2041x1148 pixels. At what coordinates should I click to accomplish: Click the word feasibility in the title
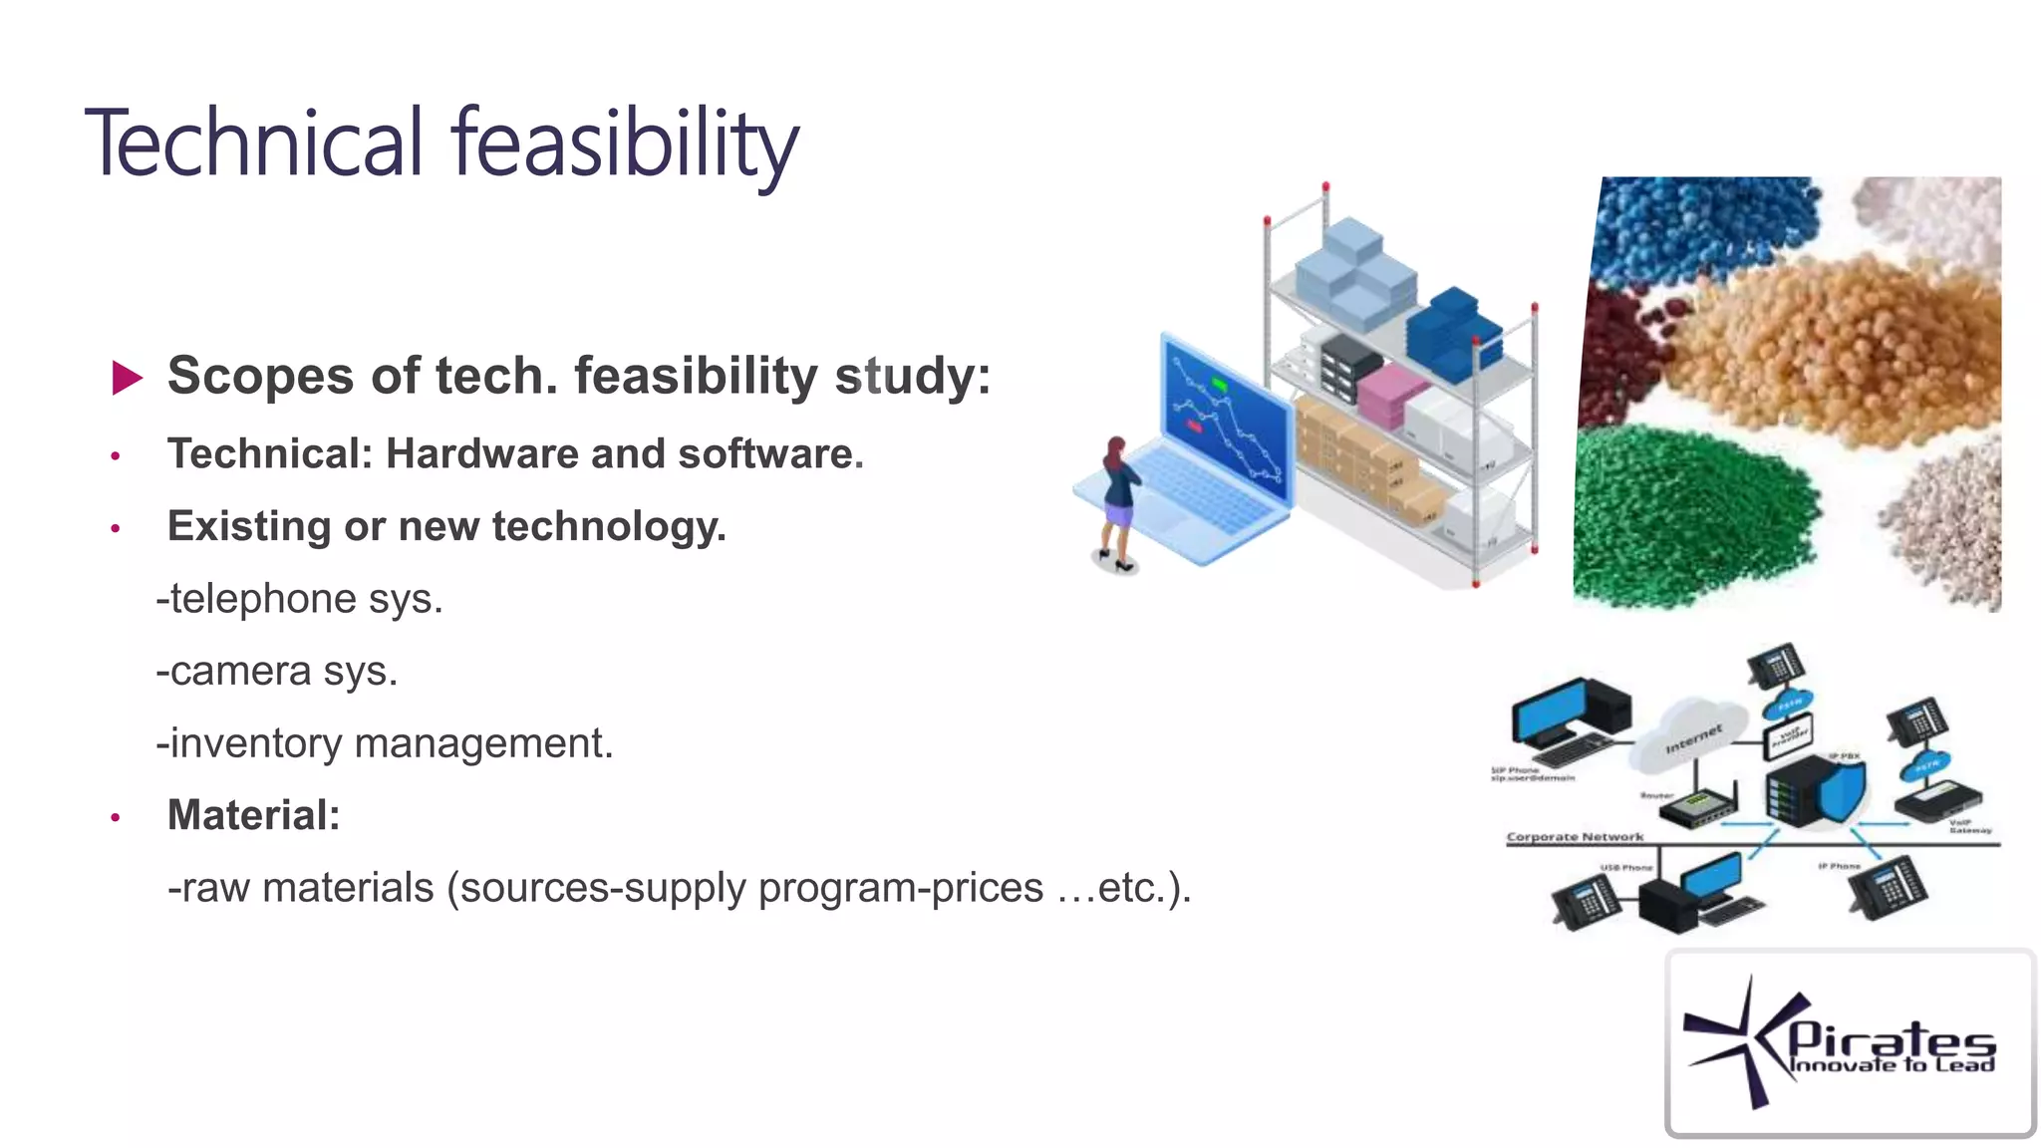point(625,144)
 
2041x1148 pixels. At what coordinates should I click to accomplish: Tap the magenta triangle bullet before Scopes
point(127,378)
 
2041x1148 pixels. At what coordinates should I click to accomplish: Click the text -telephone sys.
point(299,599)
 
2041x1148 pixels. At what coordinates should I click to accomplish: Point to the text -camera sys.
point(276,672)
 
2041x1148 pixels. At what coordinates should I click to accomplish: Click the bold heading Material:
point(253,815)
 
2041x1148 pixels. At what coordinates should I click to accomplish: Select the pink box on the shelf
point(1391,393)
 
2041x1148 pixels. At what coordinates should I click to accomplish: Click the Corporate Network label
point(1575,837)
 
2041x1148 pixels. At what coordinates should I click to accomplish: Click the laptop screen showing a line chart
point(1227,419)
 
